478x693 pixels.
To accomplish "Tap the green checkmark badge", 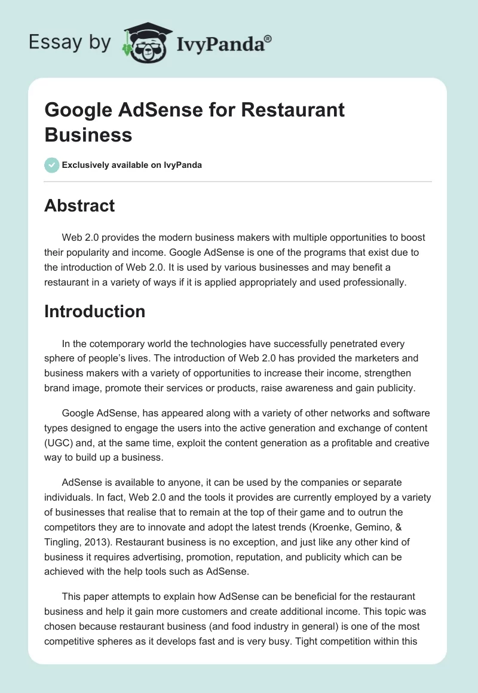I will click(x=52, y=165).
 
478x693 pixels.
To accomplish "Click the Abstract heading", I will click(x=79, y=206).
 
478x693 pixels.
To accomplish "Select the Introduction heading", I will click(x=94, y=311).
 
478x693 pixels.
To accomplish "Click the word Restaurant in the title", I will click(x=298, y=111).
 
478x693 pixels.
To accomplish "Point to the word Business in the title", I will click(x=88, y=134).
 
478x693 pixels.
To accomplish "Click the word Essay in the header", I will click(x=54, y=42).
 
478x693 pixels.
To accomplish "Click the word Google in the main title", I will click(x=79, y=111).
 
